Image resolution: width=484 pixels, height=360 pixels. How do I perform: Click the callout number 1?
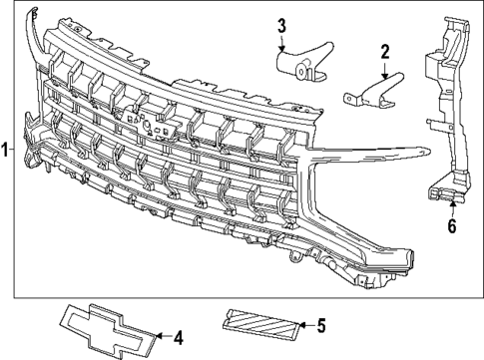(6, 151)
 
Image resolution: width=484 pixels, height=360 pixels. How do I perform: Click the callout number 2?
(384, 51)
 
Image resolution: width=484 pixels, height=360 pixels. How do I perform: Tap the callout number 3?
(281, 24)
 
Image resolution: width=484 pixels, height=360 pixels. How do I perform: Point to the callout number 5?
(320, 324)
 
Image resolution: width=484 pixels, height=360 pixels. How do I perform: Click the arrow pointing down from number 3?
(281, 42)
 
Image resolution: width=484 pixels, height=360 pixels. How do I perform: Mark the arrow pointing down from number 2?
(384, 71)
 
